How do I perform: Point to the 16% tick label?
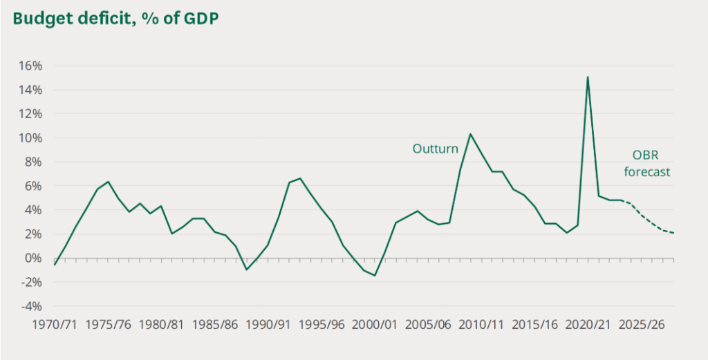pyautogui.click(x=30, y=66)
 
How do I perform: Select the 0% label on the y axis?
pyautogui.click(x=33, y=258)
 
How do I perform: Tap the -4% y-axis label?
pyautogui.click(x=30, y=306)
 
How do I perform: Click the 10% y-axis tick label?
pyautogui.click(x=30, y=138)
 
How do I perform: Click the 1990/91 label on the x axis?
pyautogui.click(x=268, y=323)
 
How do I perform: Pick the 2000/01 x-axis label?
pyautogui.click(x=378, y=323)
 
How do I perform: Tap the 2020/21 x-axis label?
pyautogui.click(x=589, y=323)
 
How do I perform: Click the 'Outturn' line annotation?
pyautogui.click(x=436, y=148)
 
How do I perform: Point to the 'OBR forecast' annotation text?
pyautogui.click(x=647, y=164)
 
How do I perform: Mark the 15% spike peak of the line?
pyautogui.click(x=588, y=77)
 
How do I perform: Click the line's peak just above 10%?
pyautogui.click(x=470, y=134)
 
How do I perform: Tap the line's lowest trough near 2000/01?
pyautogui.click(x=375, y=276)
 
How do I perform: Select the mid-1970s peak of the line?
pyautogui.click(x=108, y=182)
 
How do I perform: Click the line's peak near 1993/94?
pyautogui.click(x=299, y=178)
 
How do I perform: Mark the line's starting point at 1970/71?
pyautogui.click(x=55, y=265)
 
